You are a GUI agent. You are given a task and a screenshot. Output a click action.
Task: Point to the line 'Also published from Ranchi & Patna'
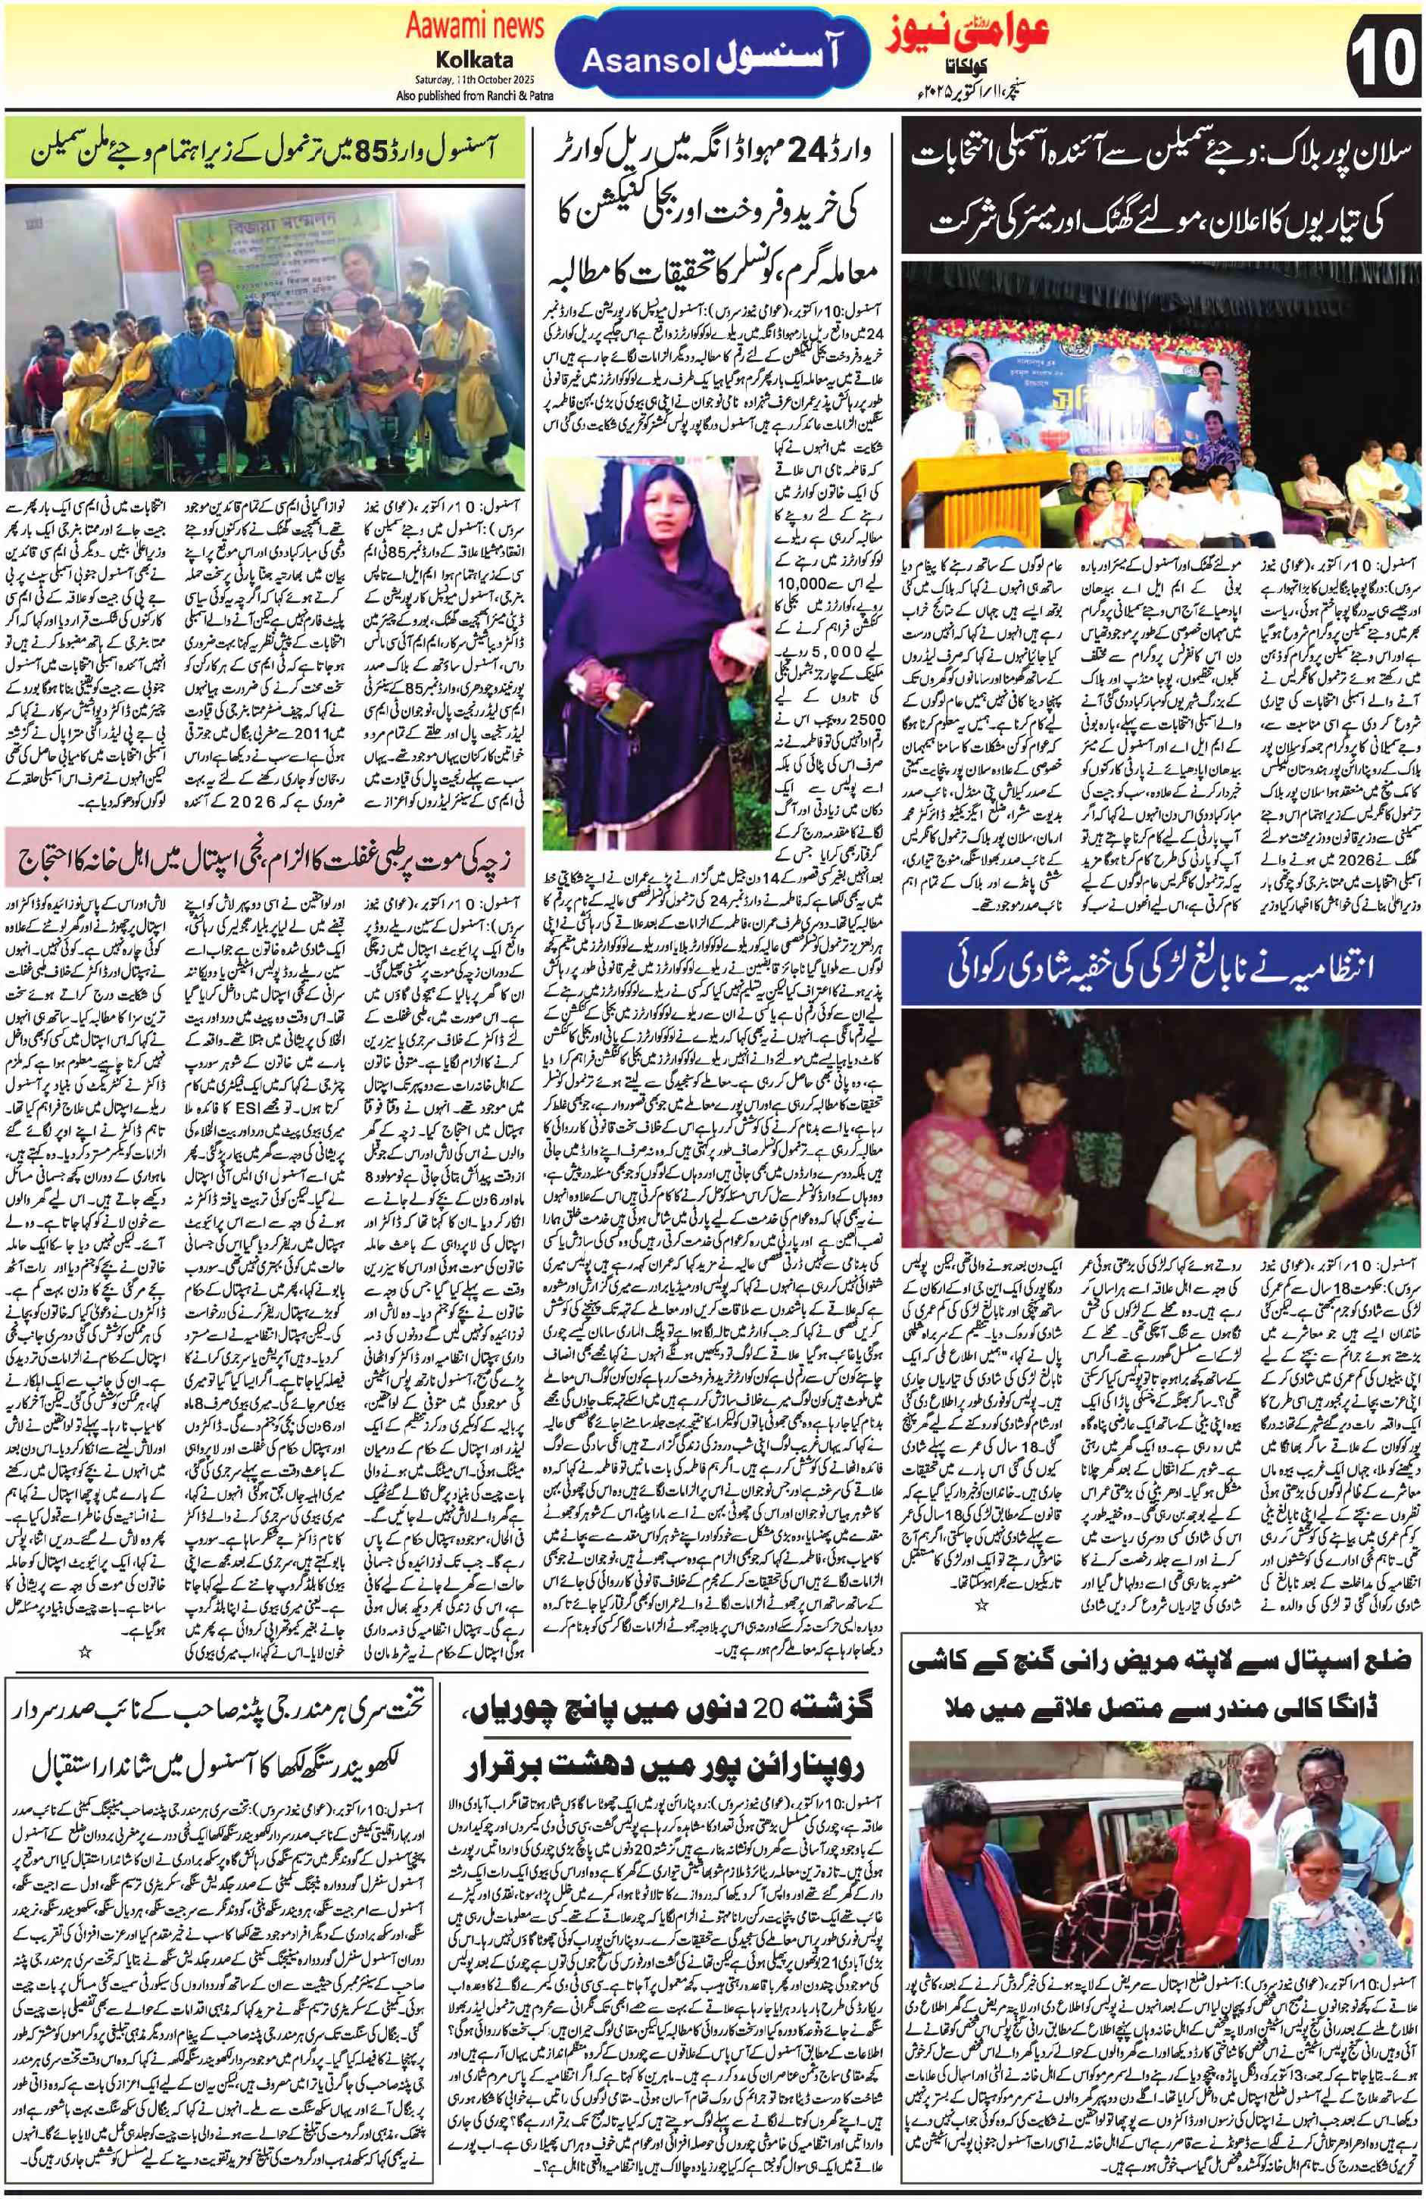[474, 96]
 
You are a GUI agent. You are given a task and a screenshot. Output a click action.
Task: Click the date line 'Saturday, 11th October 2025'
[475, 80]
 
